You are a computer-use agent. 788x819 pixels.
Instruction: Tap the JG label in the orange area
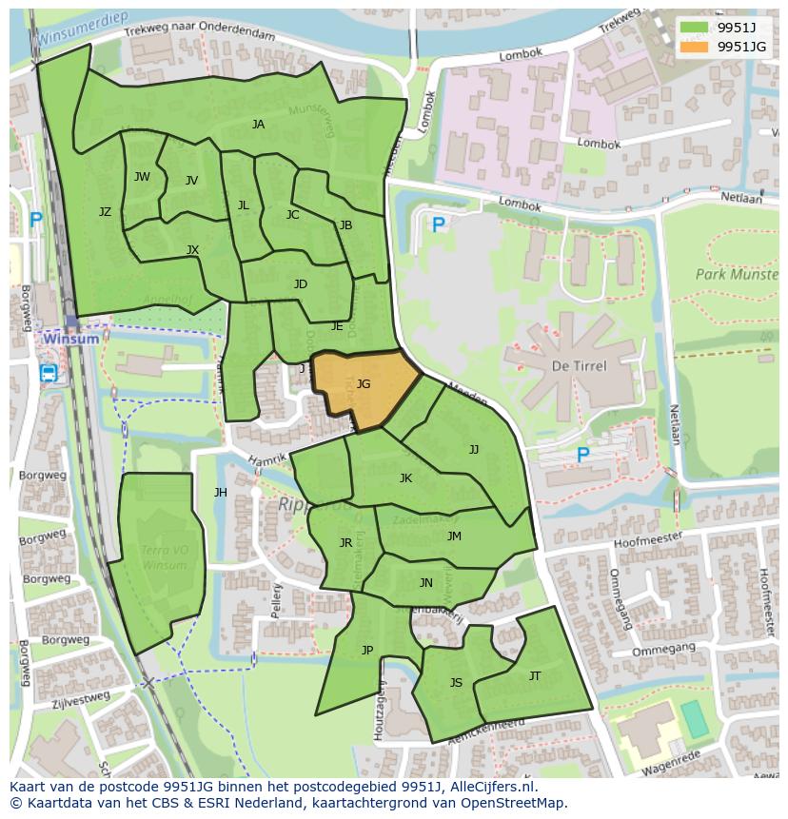364,384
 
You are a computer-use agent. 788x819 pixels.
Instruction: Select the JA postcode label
258,125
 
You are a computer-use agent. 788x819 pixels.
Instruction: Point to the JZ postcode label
105,212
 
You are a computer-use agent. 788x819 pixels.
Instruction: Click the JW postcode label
142,177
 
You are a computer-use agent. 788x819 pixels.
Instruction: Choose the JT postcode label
535,676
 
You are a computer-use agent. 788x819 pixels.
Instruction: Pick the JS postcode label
456,683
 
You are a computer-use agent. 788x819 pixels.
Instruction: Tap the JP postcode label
367,651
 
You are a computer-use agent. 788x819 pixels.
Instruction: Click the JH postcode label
221,493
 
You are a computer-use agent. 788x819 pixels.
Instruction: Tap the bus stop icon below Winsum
49,373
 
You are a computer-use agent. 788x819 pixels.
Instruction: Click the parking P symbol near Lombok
438,225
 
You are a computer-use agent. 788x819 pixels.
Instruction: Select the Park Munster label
736,274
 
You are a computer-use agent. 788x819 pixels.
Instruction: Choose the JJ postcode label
474,449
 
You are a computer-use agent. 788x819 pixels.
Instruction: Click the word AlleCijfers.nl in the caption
493,788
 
